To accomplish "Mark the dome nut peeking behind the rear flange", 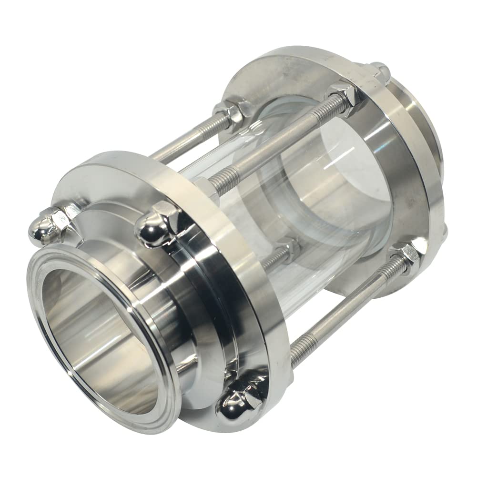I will pos(380,71).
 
